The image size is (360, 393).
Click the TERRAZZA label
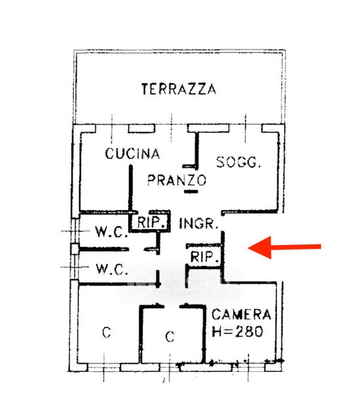[179, 89]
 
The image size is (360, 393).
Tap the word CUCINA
[132, 153]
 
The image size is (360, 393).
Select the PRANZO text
[177, 180]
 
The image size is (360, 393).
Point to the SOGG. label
[238, 162]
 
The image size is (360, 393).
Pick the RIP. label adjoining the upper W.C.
[149, 222]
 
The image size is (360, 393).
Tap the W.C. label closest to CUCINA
[111, 231]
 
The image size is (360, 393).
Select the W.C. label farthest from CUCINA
[112, 269]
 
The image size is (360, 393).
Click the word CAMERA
[242, 314]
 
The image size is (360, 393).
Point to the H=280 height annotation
[237, 331]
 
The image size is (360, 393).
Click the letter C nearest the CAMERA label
[170, 337]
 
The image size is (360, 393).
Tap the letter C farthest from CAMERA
[107, 332]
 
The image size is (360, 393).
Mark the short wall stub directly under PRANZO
[191, 191]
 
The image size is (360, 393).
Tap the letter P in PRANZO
[152, 180]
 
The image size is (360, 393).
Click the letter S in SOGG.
[221, 162]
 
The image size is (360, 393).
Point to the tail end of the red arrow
[321, 247]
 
